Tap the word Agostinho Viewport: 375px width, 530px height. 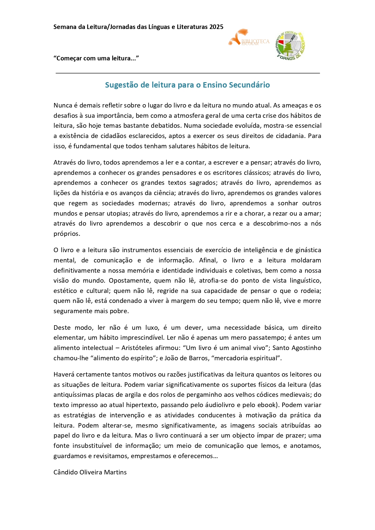306,348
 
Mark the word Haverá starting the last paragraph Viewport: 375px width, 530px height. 64,374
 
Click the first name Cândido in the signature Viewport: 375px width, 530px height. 66,472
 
